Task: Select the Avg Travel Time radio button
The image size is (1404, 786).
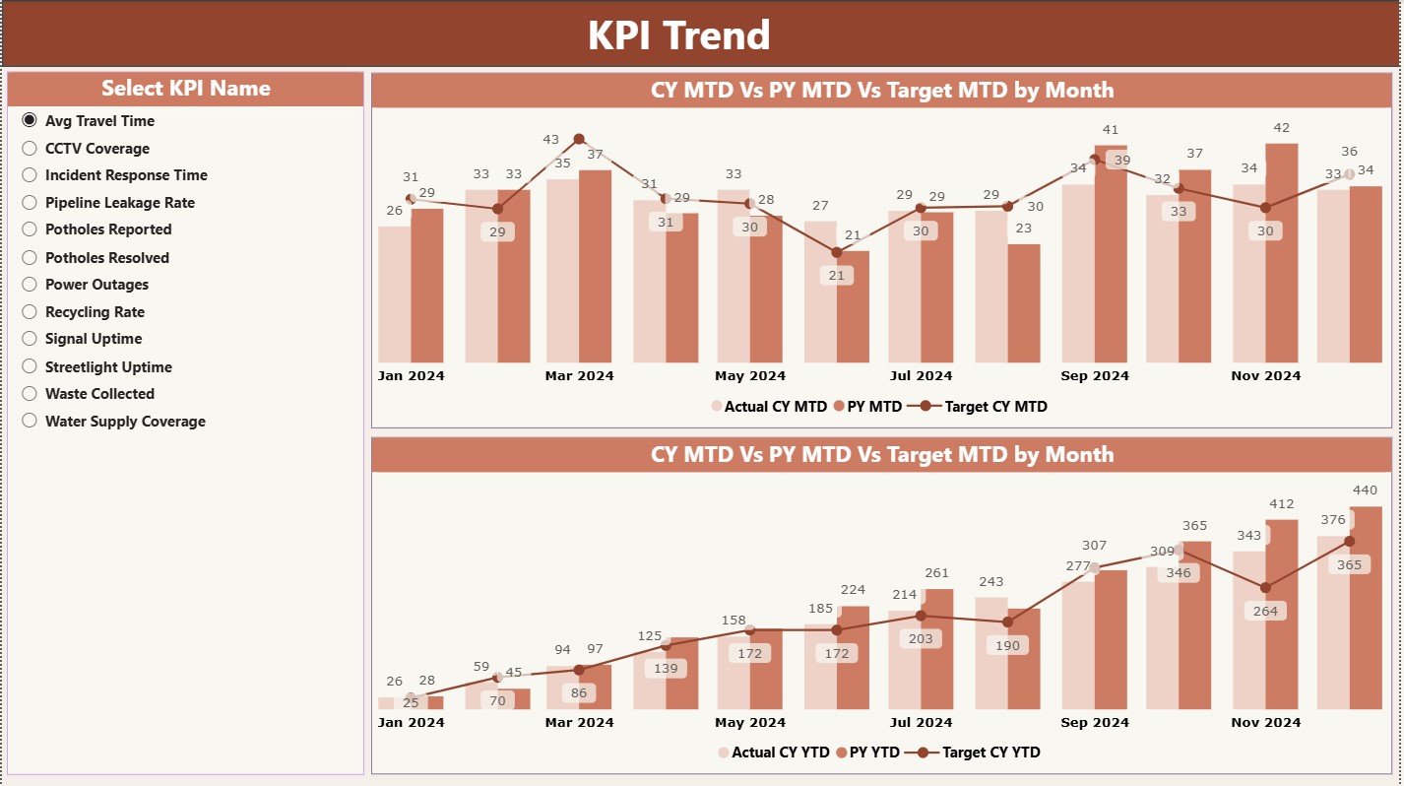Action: click(x=30, y=121)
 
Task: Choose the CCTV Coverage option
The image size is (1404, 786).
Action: click(x=30, y=149)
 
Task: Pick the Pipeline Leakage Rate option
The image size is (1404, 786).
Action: click(x=30, y=203)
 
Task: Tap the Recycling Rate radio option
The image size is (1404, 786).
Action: click(x=30, y=312)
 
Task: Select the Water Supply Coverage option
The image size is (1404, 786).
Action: click(x=30, y=422)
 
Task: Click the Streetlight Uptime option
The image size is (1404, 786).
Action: click(x=30, y=367)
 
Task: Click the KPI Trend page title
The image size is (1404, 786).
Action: click(x=678, y=35)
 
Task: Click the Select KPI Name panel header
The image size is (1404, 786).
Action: click(x=185, y=89)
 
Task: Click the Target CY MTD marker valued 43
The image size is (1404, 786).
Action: click(x=579, y=139)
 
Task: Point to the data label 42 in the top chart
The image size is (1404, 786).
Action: click(x=1281, y=128)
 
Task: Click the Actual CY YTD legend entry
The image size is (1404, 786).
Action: click(x=773, y=753)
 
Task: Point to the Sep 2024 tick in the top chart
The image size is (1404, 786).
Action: click(x=1095, y=376)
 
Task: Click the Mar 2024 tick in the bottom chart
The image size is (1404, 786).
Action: click(x=579, y=723)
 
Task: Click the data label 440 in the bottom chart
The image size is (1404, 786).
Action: click(x=1365, y=491)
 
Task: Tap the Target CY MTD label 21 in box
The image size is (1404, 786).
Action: click(x=837, y=276)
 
